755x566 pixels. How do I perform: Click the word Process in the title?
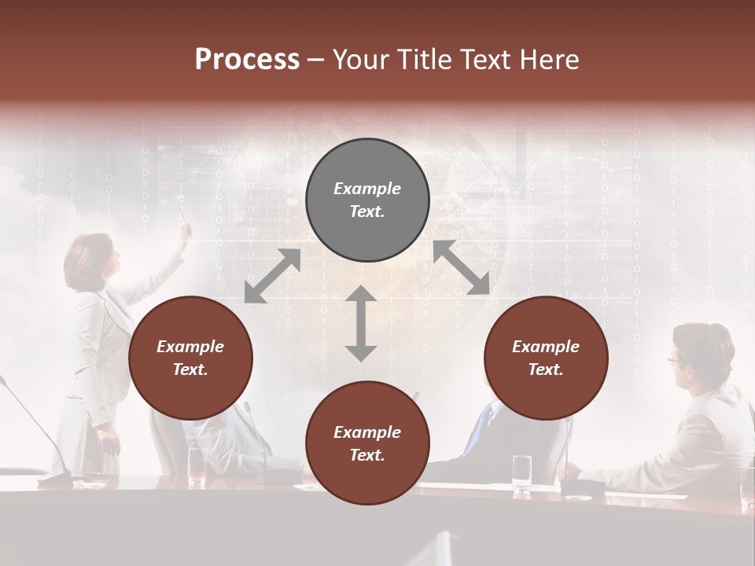pos(247,60)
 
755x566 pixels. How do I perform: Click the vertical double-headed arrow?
pos(361,323)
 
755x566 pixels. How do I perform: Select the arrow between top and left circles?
pos(273,275)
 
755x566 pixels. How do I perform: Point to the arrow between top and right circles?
pos(462,267)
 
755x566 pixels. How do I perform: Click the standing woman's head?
pos(89,259)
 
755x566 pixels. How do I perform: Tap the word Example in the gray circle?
pos(367,189)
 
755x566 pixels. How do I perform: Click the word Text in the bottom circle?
pos(367,455)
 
